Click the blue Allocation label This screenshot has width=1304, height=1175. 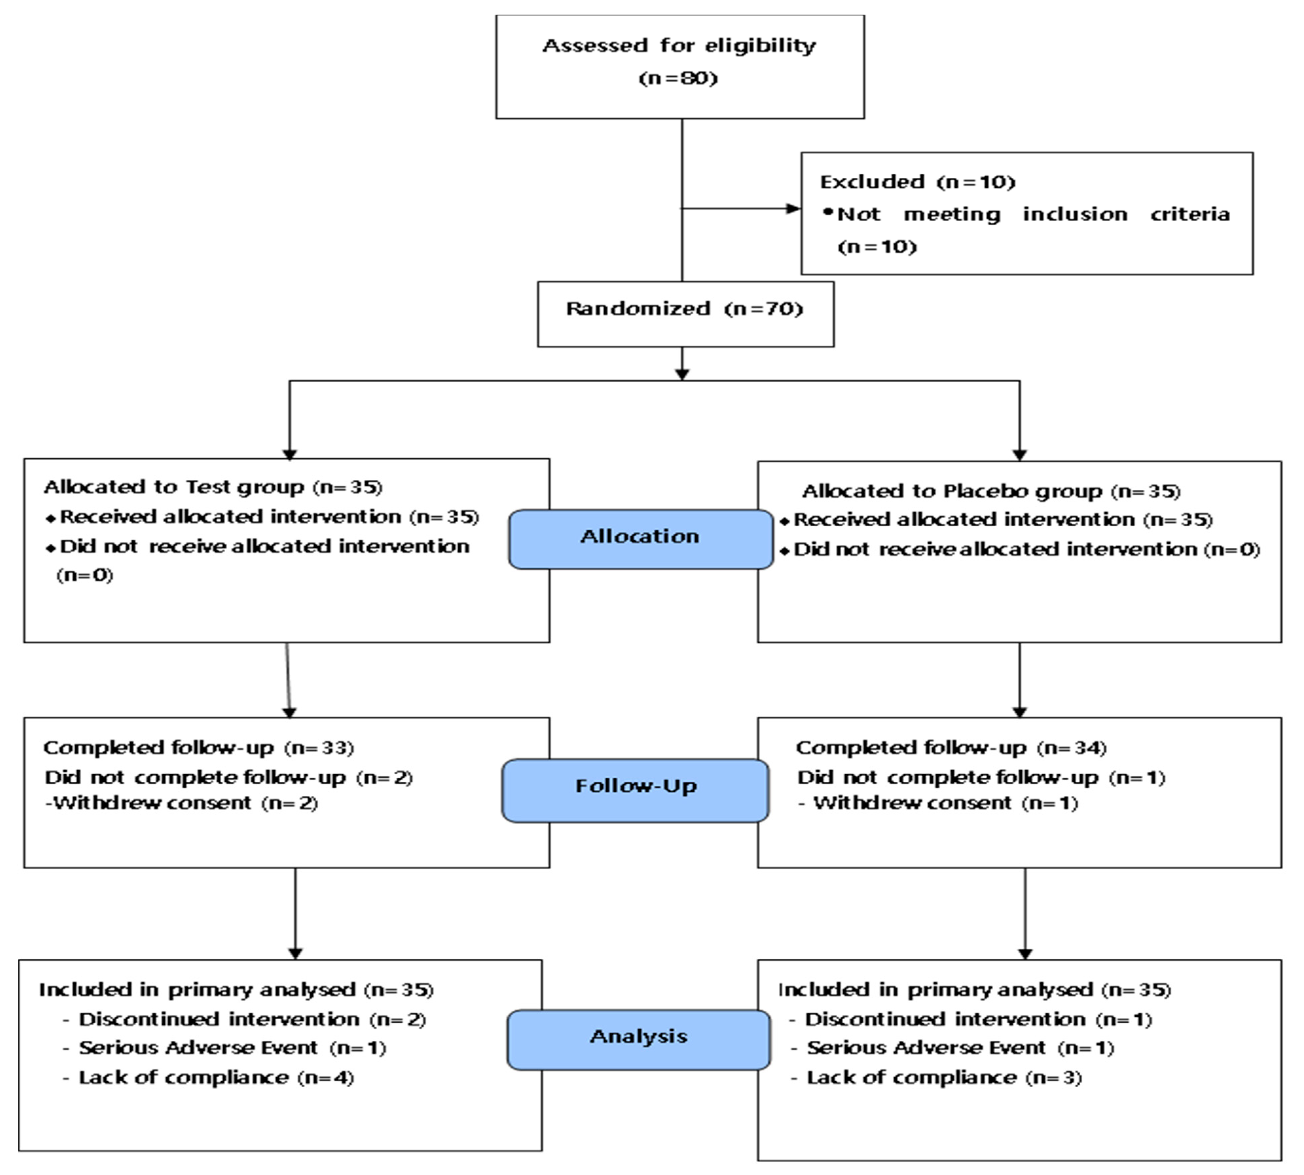click(x=640, y=539)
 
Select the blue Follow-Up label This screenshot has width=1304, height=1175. click(x=635, y=790)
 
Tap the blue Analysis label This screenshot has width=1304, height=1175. click(x=638, y=1039)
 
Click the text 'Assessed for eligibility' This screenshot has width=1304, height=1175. click(x=679, y=46)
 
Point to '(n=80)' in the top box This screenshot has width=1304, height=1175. click(x=679, y=78)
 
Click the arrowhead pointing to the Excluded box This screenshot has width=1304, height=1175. click(x=793, y=209)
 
